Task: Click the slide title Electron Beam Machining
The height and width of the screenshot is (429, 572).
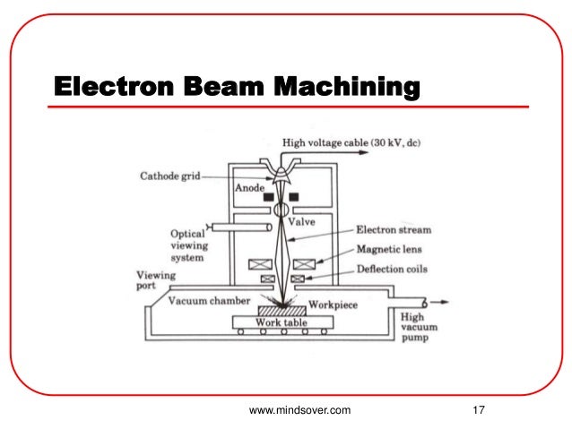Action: [x=237, y=88]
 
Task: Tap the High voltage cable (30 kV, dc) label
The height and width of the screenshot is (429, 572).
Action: [x=339, y=142]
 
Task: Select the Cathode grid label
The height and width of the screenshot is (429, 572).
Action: [x=173, y=176]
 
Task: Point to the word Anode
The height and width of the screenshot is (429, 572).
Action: [x=249, y=188]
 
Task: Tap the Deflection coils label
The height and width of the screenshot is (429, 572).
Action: [x=392, y=269]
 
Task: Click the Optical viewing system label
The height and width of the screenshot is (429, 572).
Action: [x=187, y=245]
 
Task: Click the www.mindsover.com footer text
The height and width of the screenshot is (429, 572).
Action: [x=299, y=410]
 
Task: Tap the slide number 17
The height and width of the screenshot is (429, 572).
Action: [x=478, y=410]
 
